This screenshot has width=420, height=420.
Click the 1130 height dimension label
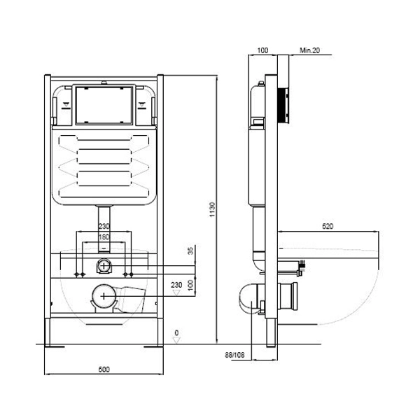click(x=212, y=209)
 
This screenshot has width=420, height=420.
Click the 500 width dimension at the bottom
click(x=104, y=370)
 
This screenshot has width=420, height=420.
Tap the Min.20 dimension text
click(x=309, y=50)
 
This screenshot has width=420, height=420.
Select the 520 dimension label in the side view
click(x=328, y=226)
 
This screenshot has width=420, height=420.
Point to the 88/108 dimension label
click(x=234, y=355)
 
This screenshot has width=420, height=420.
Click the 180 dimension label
click(x=104, y=237)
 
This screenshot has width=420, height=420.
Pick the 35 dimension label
click(x=190, y=251)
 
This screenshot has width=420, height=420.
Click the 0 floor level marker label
click(x=176, y=332)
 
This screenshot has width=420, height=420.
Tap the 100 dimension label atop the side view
click(x=262, y=50)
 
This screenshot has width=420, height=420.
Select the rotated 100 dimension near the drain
click(x=190, y=285)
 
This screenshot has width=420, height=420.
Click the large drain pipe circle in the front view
click(x=104, y=296)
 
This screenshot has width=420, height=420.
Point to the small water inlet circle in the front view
click(x=104, y=266)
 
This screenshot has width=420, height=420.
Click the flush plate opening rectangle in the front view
click(x=104, y=105)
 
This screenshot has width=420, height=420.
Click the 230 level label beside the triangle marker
click(x=176, y=285)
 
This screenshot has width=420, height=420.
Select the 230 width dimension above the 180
click(x=104, y=226)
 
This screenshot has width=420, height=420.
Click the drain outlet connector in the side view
click(x=288, y=296)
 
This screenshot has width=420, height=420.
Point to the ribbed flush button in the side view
click(x=283, y=105)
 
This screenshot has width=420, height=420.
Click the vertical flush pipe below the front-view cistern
click(x=104, y=229)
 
